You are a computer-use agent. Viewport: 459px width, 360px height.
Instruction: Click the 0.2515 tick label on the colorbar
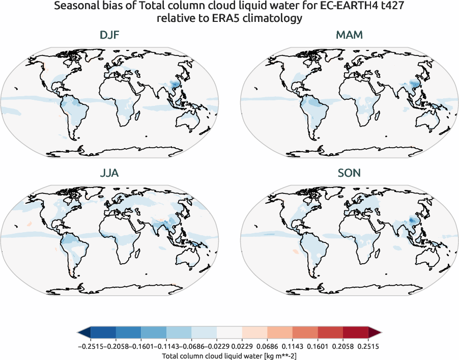pyautogui.click(x=368, y=346)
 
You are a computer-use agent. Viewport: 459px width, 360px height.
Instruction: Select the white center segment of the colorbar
pyautogui.click(x=229, y=333)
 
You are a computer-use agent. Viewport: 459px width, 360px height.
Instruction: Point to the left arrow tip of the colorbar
pyautogui.click(x=79, y=333)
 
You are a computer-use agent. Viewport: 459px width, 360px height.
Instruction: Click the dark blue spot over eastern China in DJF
pyautogui.click(x=176, y=84)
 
